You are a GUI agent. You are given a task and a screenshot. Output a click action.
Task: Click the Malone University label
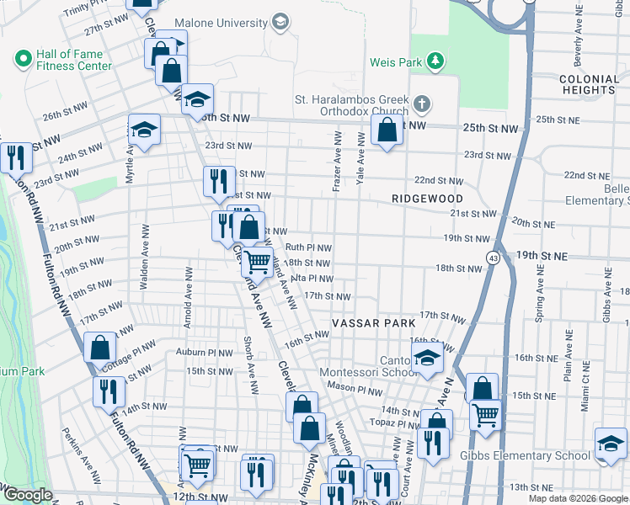[x=221, y=23]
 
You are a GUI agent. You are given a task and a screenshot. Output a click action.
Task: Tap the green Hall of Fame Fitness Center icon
[x=23, y=59]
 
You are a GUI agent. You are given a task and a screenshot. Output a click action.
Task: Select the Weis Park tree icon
[x=435, y=61]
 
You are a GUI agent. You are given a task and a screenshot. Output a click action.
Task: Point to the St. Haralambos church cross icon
[x=422, y=105]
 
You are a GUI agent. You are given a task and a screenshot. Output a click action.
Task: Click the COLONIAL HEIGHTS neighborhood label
[x=588, y=84]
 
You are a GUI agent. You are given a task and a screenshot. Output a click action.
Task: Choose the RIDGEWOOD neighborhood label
[x=428, y=198]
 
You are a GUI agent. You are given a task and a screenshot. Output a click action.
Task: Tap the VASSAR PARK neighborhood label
[x=373, y=323]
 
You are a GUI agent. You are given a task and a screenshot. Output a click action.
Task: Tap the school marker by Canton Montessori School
[x=427, y=358]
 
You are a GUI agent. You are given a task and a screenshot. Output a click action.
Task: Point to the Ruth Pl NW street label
[x=308, y=247]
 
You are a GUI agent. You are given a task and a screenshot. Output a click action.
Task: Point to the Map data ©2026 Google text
[x=577, y=498]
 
